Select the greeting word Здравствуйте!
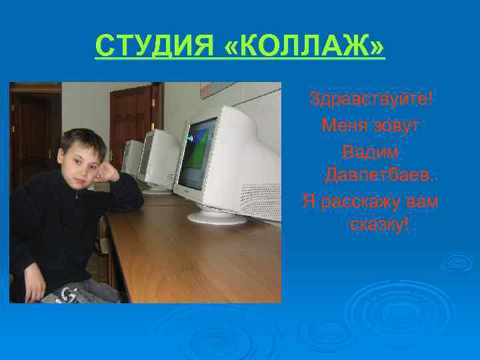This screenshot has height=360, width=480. [371, 100]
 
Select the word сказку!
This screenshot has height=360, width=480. [379, 225]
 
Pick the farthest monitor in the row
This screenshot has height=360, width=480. [132, 157]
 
